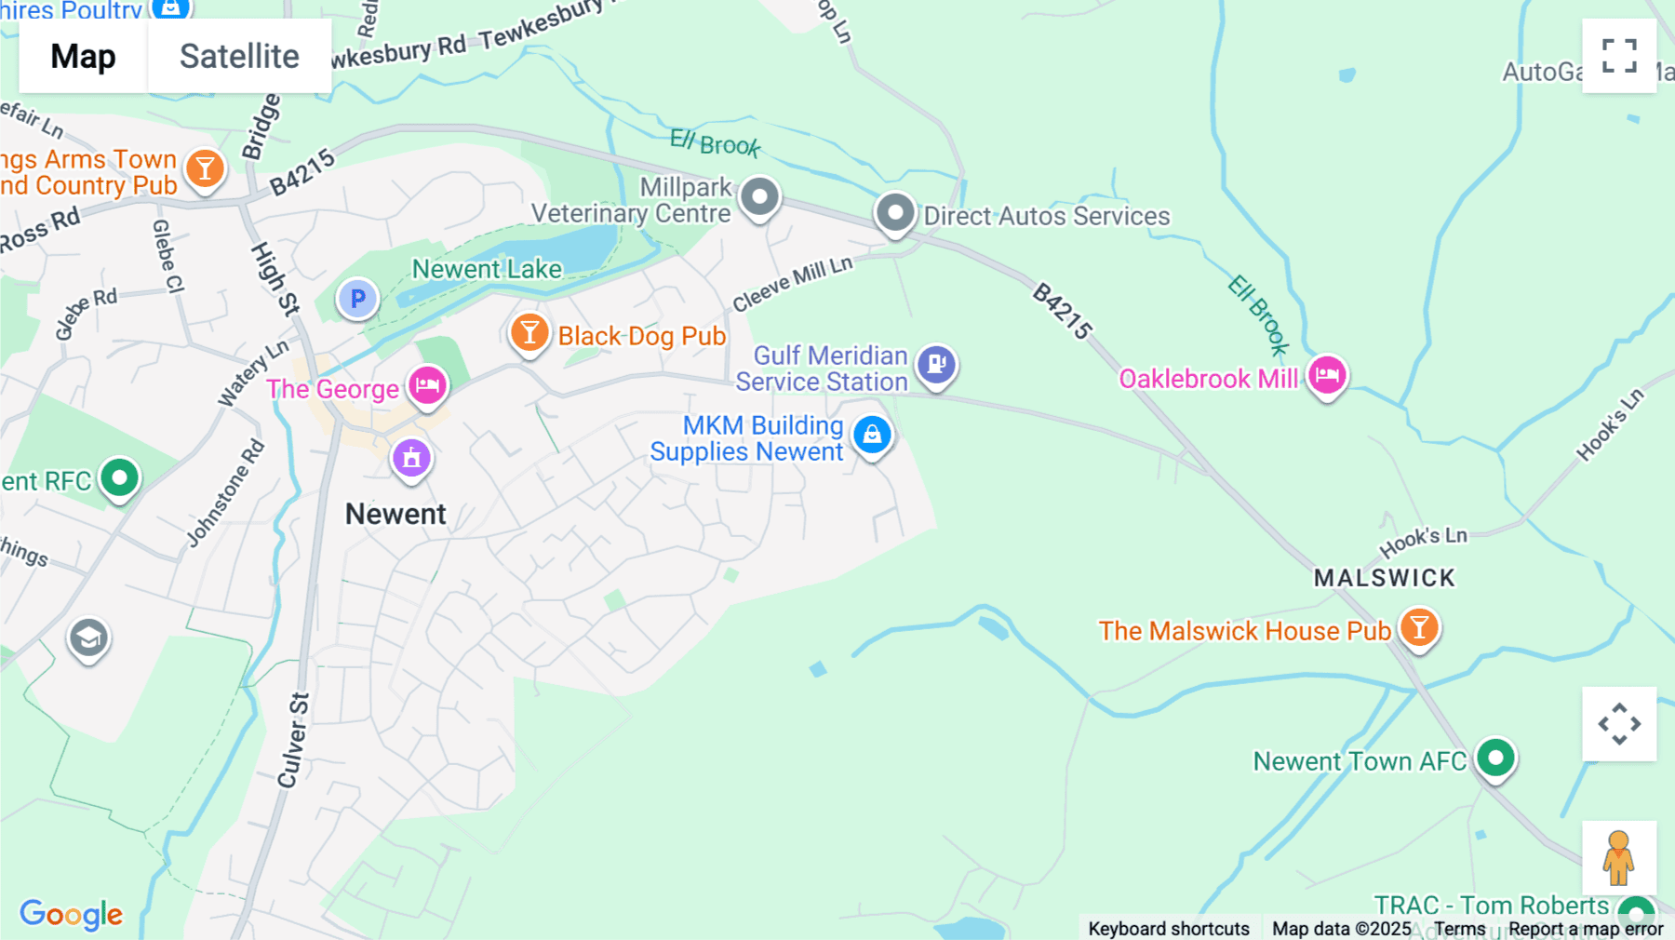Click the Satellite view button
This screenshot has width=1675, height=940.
(x=239, y=56)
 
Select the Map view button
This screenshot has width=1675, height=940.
(x=83, y=56)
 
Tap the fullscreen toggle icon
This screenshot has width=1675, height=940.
(x=1619, y=56)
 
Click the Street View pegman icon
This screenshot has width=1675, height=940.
(x=1618, y=858)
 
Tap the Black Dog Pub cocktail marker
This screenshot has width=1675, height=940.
(x=529, y=332)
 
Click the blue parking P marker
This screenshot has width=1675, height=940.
(x=357, y=299)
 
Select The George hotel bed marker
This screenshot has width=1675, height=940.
(x=428, y=384)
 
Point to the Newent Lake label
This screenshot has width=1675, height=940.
(x=487, y=269)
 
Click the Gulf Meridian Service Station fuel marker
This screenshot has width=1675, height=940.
(x=936, y=364)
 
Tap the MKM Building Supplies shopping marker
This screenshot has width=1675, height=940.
(x=872, y=435)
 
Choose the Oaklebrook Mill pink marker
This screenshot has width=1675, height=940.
(x=1327, y=375)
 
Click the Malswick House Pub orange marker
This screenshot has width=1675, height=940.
(x=1419, y=627)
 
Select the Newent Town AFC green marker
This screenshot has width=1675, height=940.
(x=1495, y=758)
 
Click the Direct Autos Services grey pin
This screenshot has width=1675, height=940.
(x=895, y=213)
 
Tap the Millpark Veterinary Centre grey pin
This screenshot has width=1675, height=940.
(x=759, y=196)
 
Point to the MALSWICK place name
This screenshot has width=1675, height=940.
(x=1384, y=578)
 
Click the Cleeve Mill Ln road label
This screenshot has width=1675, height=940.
(x=792, y=283)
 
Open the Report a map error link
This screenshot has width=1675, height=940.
(x=1586, y=928)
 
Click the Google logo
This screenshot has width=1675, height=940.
(x=71, y=914)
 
